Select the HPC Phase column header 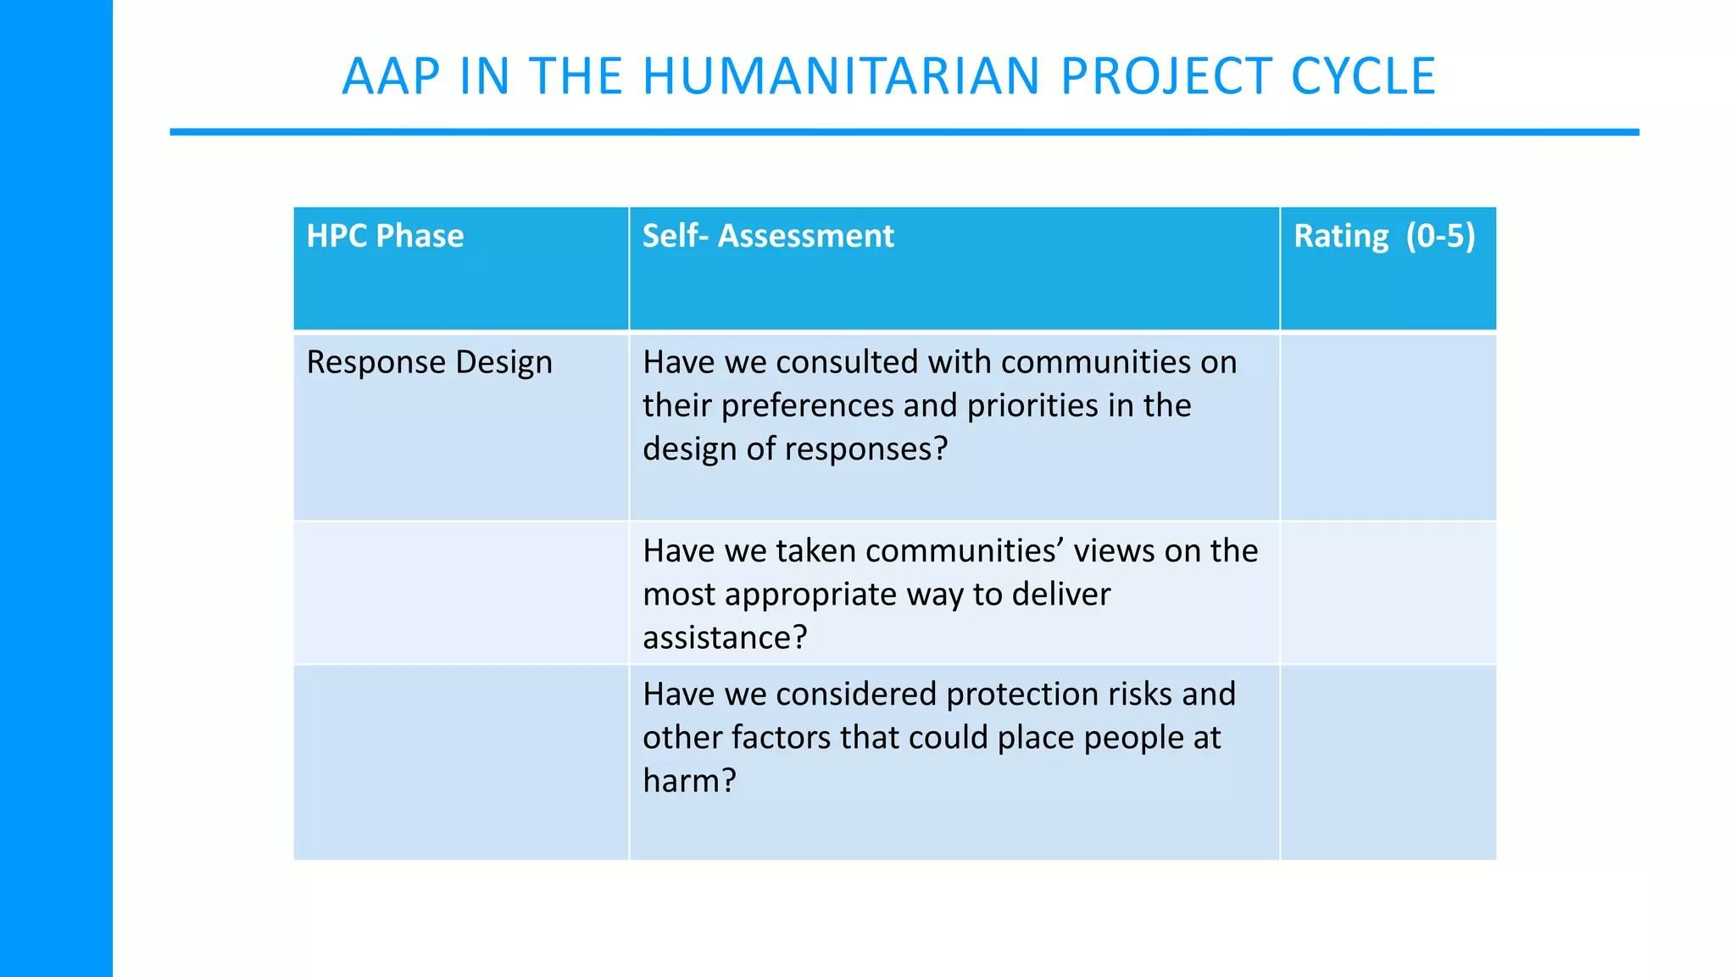pyautogui.click(x=385, y=236)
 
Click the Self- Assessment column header pyautogui.click(x=768, y=236)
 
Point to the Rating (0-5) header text pyautogui.click(x=1384, y=236)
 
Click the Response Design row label pyautogui.click(x=429, y=362)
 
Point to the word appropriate pyautogui.click(x=811, y=595)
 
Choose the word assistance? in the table pyautogui.click(x=725, y=638)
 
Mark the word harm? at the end pyautogui.click(x=689, y=781)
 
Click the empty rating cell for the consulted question pyautogui.click(x=1388, y=427)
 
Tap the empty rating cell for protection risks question pyautogui.click(x=1388, y=762)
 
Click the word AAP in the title pyautogui.click(x=391, y=76)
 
